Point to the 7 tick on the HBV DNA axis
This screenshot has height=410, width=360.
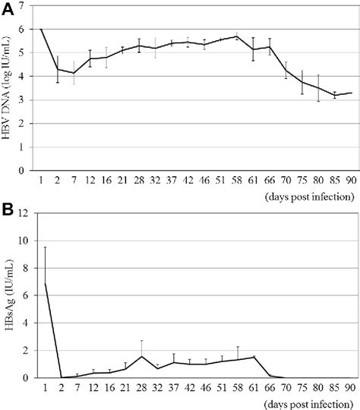(31, 5)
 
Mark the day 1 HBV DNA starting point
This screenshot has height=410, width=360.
(41, 29)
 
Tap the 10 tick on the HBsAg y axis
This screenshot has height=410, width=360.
(28, 241)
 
